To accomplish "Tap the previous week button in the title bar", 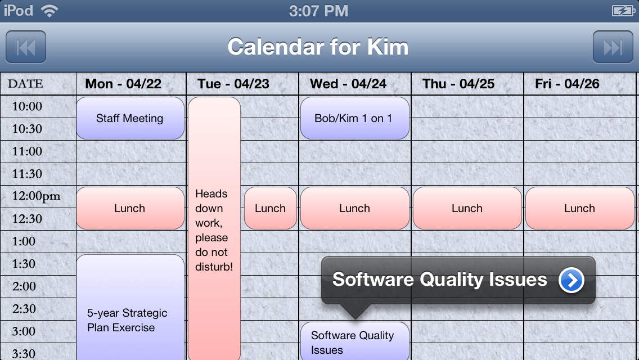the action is [x=26, y=47].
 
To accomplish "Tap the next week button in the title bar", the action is [x=613, y=47].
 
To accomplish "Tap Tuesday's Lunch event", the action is [x=270, y=208].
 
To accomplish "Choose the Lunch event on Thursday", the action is [x=467, y=208].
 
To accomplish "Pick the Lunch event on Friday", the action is [x=579, y=208].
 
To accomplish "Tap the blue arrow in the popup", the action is [x=571, y=280].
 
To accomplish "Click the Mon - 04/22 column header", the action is [x=123, y=84].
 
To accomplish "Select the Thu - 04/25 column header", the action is [x=458, y=84].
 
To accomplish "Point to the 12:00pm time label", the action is [x=36, y=196].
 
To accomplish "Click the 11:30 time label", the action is [x=27, y=174].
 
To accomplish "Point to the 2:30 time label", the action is [x=24, y=309].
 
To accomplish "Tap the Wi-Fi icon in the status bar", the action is [x=49, y=11].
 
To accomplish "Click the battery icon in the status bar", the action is [x=623, y=11].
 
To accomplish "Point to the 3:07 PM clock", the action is [x=319, y=11].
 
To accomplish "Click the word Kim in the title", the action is [x=388, y=47].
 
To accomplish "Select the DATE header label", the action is [x=25, y=84].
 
